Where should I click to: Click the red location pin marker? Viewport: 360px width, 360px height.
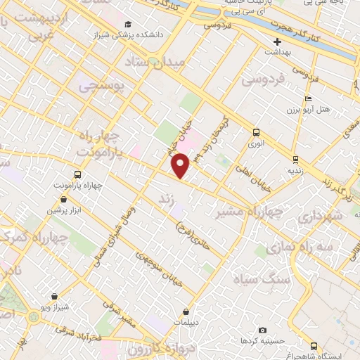click(181, 165)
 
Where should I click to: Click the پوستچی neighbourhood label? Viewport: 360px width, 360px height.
click(99, 86)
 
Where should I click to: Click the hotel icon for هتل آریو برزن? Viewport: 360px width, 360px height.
click(308, 98)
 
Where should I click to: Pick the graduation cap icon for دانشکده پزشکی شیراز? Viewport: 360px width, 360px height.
click(127, 25)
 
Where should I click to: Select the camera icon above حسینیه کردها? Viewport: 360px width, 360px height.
click(262, 330)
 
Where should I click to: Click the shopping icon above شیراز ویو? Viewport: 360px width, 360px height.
click(54, 297)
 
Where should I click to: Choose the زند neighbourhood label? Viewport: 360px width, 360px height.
click(166, 198)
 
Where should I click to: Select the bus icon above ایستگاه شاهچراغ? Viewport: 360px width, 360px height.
click(314, 346)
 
